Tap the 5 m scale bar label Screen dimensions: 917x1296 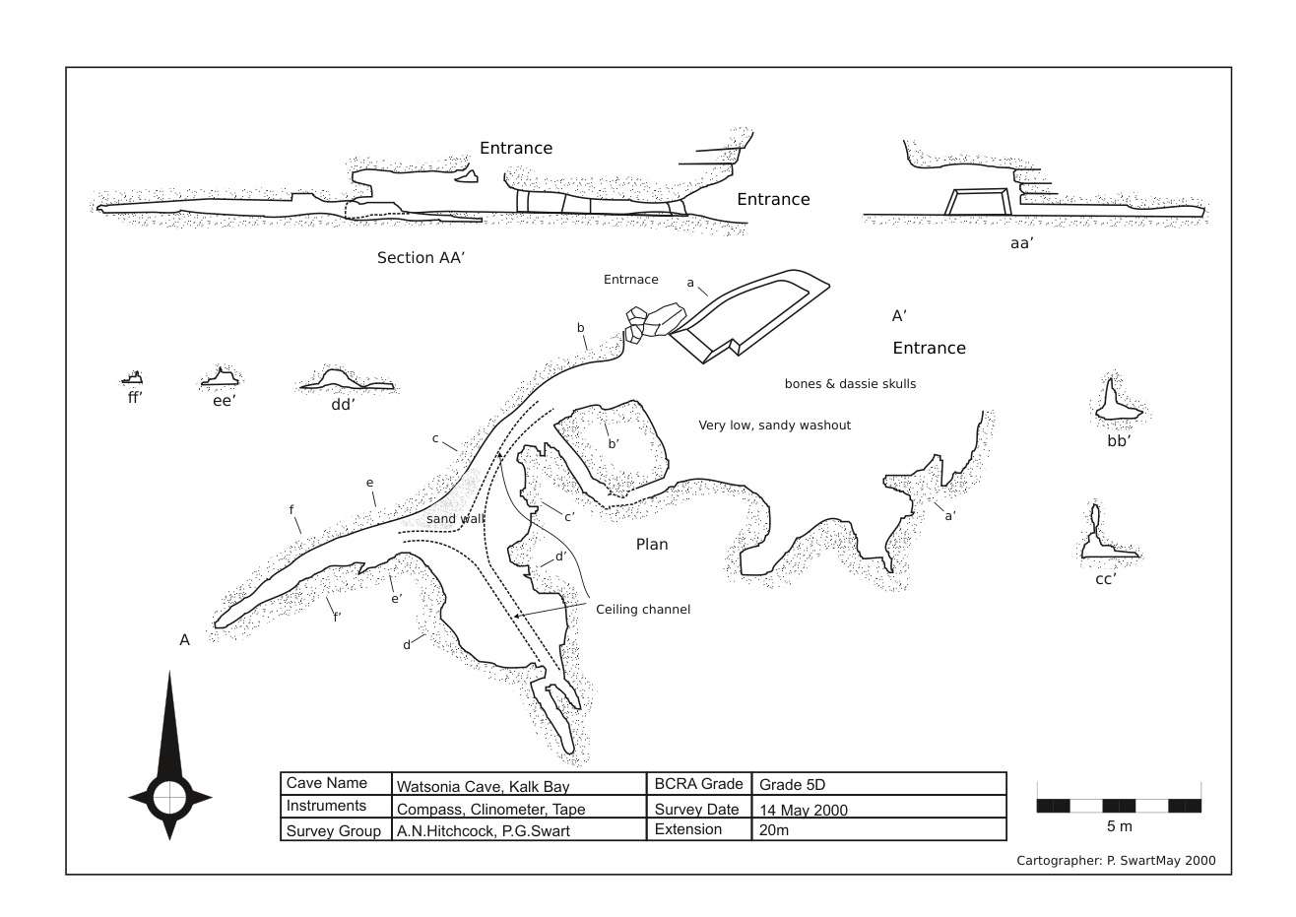(1119, 826)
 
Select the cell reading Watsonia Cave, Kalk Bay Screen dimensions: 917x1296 (483, 786)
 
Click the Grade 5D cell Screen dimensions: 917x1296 (792, 785)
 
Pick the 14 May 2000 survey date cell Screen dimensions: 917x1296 (804, 810)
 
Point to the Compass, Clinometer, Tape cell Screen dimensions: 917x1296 (490, 810)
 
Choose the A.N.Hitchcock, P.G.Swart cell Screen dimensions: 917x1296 (483, 831)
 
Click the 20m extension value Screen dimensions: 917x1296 (774, 830)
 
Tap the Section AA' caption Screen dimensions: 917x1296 (421, 258)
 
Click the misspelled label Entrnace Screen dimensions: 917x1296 (630, 280)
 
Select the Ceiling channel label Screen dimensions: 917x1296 (643, 610)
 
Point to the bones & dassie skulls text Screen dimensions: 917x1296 (850, 384)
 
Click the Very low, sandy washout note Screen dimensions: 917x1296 (774, 426)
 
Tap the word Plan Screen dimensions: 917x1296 (652, 545)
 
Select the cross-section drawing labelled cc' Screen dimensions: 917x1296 (1105, 537)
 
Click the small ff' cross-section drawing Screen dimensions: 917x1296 (133, 377)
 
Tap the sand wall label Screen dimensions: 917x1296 (456, 519)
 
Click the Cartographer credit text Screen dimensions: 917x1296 (1116, 861)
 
